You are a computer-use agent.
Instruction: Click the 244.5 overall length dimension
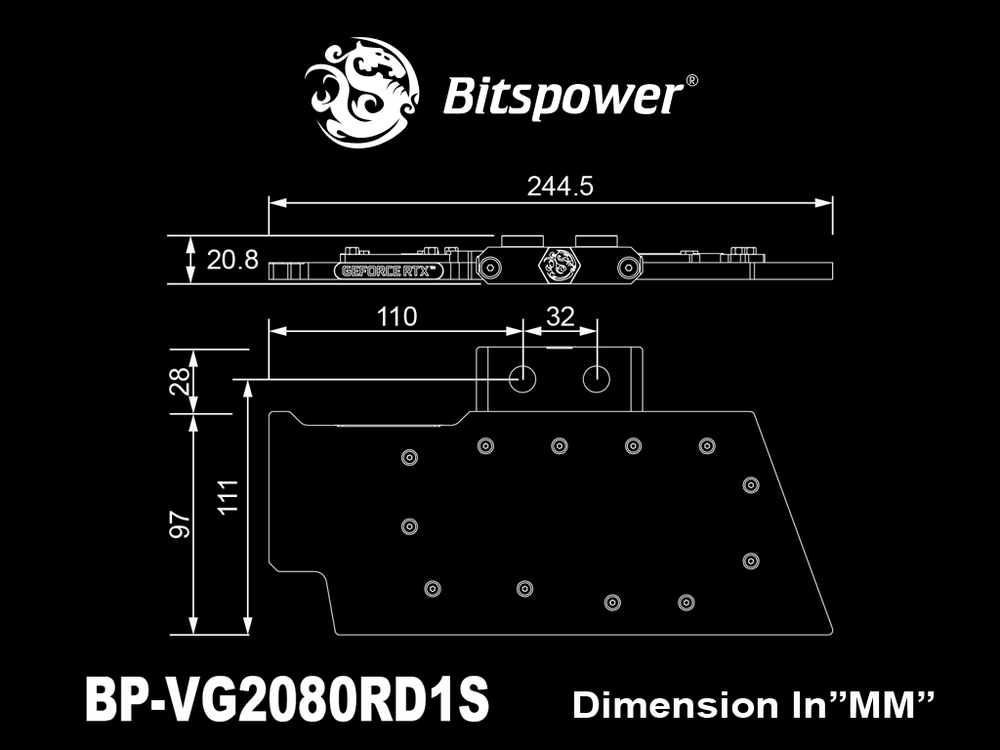coord(560,187)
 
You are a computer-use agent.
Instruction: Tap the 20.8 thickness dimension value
coord(232,260)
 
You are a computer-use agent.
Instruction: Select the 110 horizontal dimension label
coord(396,316)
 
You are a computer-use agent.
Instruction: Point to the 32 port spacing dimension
coord(561,316)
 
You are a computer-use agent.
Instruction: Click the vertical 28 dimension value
coord(181,381)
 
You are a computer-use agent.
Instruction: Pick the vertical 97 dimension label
coord(181,523)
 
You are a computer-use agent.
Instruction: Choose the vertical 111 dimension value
coord(228,495)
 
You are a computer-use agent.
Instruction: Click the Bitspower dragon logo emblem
coord(361,93)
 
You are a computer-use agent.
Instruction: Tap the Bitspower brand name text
coord(562,98)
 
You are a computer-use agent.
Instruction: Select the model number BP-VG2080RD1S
coord(287,699)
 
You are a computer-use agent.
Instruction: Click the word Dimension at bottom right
coord(676,705)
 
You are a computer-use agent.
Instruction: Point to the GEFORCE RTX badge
coord(389,271)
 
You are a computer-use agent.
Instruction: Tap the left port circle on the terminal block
coord(522,379)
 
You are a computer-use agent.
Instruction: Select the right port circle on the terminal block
coord(597,379)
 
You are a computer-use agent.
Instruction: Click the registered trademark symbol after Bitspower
coord(691,81)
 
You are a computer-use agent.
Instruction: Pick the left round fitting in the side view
coord(490,268)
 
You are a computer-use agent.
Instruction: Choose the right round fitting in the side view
coord(628,268)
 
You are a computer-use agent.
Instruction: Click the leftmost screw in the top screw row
coord(485,445)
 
